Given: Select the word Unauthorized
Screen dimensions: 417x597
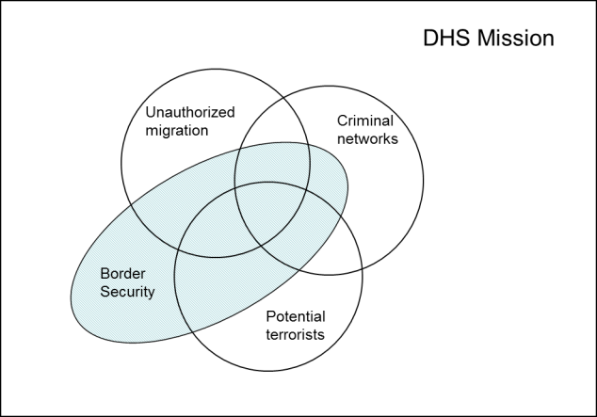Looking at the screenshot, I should tap(190, 112).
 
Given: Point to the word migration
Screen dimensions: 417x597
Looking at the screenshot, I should tap(177, 130).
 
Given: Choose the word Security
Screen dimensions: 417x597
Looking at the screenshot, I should tap(127, 293).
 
